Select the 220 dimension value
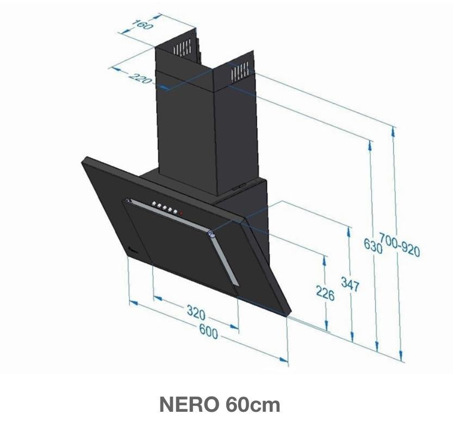[x=140, y=77]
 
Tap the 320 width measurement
[x=196, y=312]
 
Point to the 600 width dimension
[x=208, y=331]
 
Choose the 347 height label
[x=350, y=283]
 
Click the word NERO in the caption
[x=188, y=405]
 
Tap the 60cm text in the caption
[x=251, y=405]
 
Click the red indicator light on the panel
[x=181, y=213]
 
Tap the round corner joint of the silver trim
[x=210, y=234]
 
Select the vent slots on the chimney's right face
[x=239, y=70]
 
